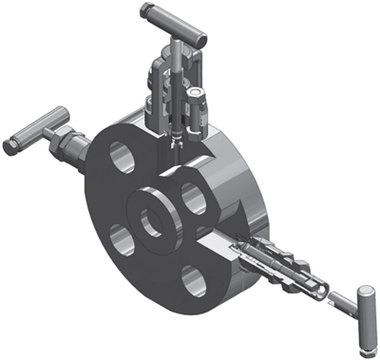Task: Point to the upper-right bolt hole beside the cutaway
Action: [x=194, y=198]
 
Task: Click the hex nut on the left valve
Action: [x=66, y=143]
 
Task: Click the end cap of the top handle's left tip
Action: [x=144, y=10]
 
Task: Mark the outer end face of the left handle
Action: [x=9, y=147]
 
